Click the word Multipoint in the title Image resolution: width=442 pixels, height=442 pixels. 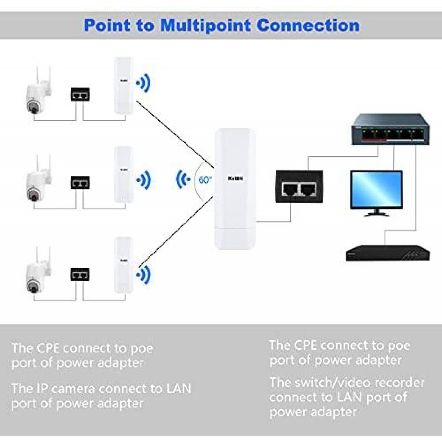[x=206, y=25]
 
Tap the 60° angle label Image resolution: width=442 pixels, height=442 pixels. [x=205, y=180]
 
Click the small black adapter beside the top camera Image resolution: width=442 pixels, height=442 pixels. [x=80, y=94]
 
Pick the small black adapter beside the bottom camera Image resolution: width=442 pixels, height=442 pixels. [x=80, y=274]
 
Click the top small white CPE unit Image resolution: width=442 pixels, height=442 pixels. [x=124, y=86]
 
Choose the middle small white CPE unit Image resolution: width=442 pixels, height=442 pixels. [x=124, y=175]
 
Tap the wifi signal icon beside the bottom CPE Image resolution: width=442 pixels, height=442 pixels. [x=144, y=275]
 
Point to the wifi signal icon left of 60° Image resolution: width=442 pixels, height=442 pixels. [x=183, y=179]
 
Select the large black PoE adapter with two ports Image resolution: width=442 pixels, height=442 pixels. [x=299, y=187]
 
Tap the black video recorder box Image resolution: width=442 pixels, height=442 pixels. [x=388, y=253]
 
